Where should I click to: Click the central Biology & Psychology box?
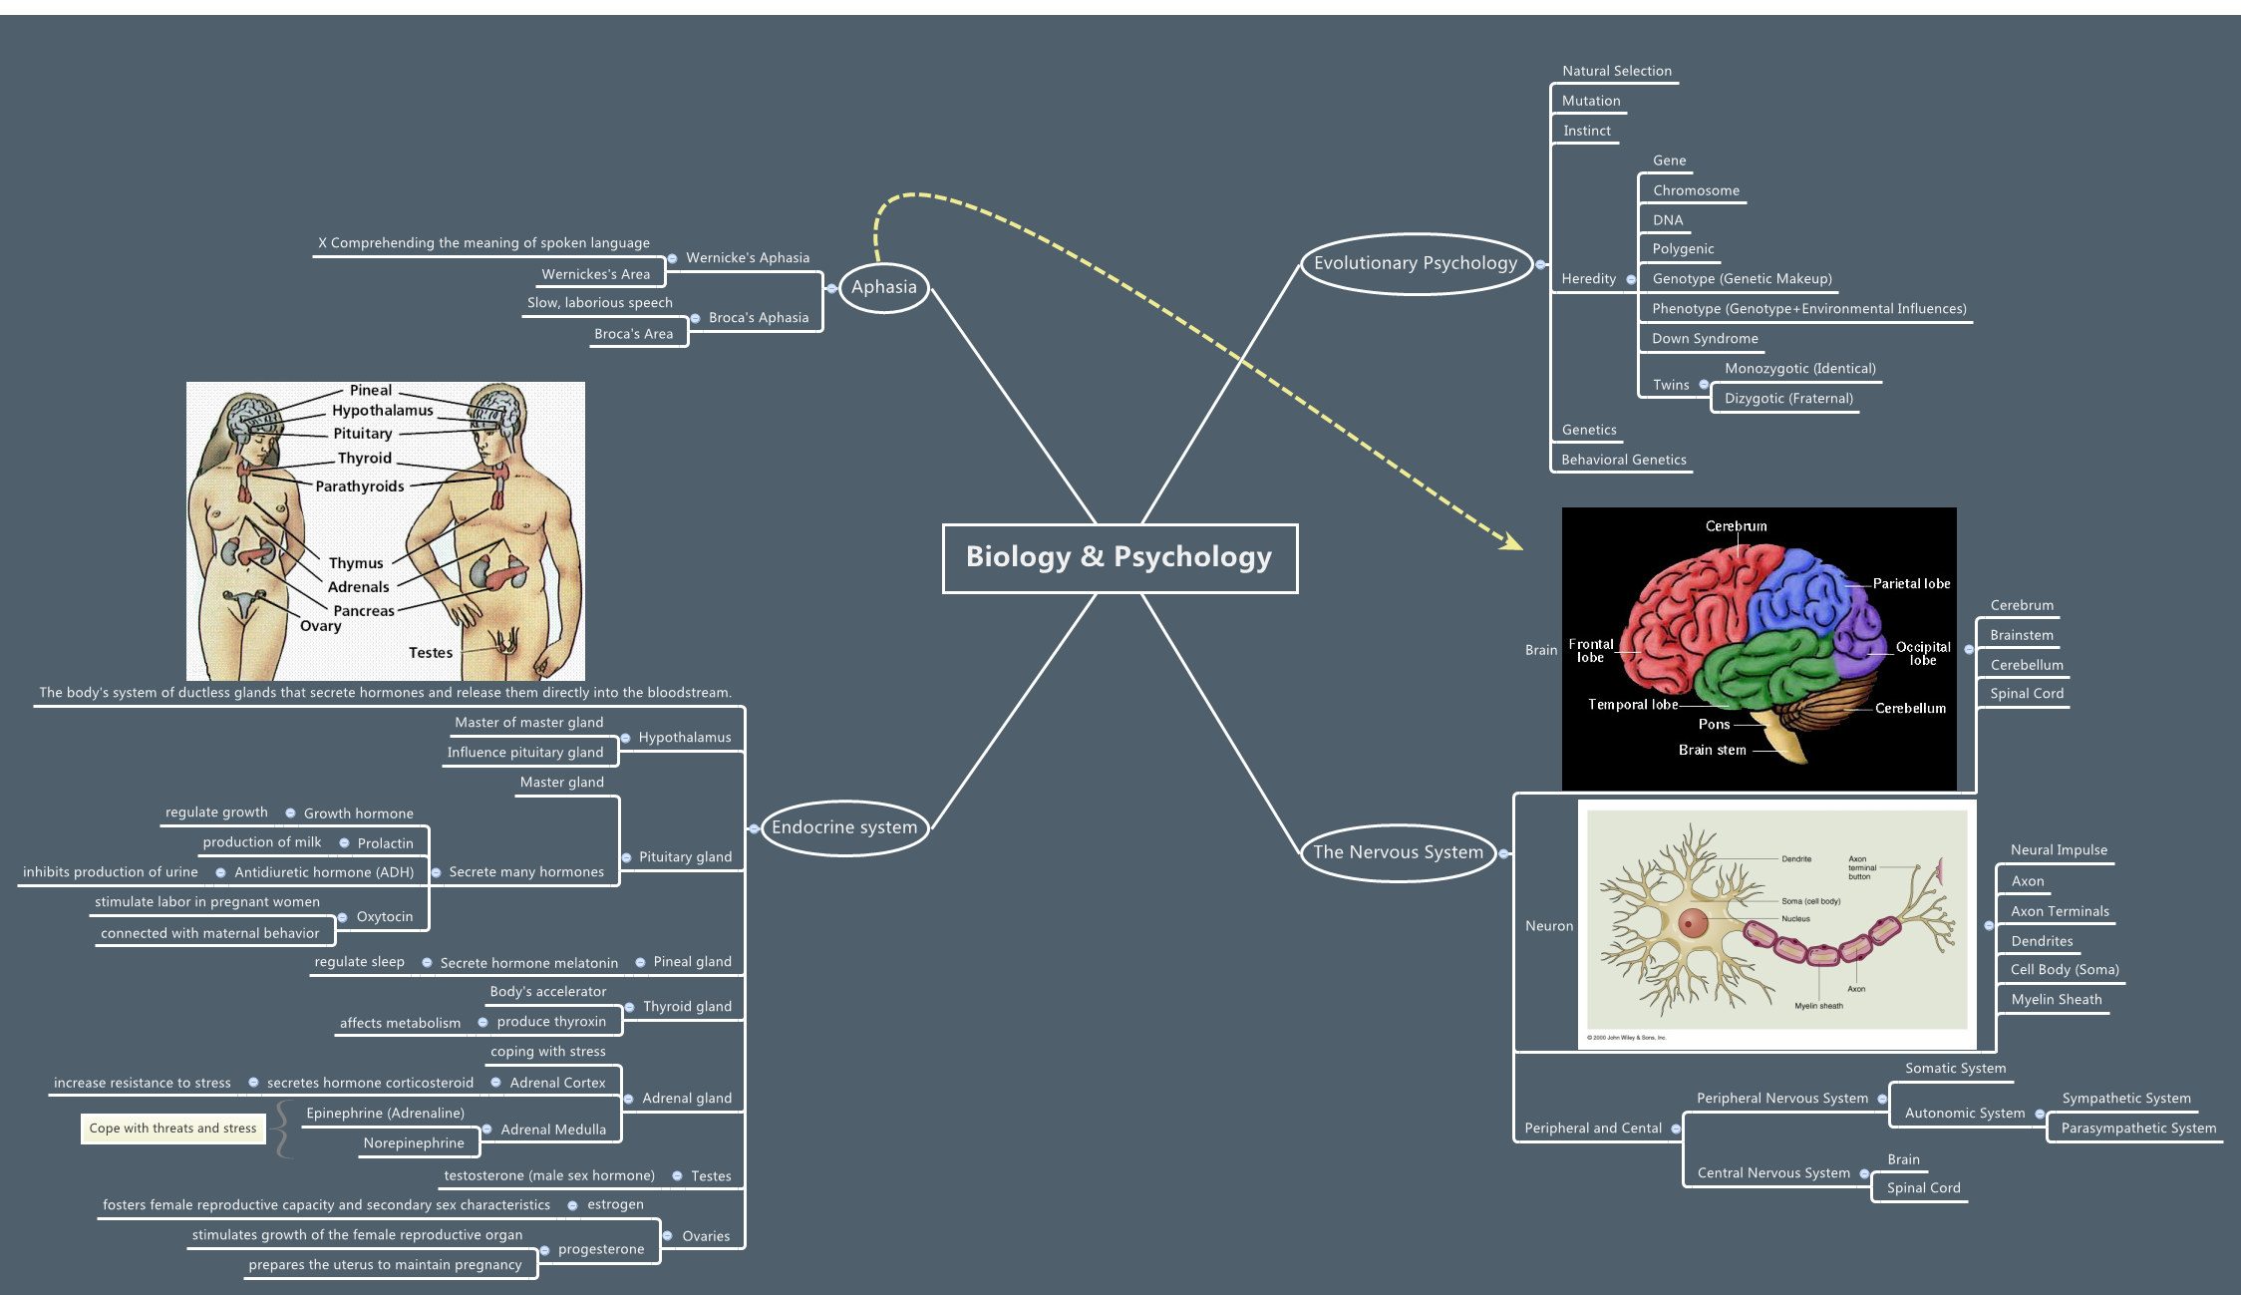click(1120, 557)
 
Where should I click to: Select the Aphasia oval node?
click(883, 287)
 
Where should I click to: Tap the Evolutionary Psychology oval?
click(1415, 263)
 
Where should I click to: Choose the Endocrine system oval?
click(843, 827)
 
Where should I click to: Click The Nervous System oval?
click(1398, 852)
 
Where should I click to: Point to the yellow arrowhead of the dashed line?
click(1513, 541)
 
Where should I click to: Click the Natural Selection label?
click(1616, 71)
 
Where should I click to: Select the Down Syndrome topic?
click(1704, 339)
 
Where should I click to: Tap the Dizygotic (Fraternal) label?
click(1788, 399)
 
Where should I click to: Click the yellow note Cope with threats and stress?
click(172, 1129)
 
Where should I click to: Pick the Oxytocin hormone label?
click(384, 917)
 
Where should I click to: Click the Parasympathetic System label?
click(2138, 1129)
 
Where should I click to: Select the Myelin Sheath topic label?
click(2056, 1000)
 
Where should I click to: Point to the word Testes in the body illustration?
click(430, 653)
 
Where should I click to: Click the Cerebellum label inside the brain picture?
click(1910, 709)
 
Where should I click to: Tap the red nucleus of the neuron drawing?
click(1692, 923)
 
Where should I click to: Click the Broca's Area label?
click(633, 334)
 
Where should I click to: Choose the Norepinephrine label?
click(413, 1143)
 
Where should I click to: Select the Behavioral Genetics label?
click(1623, 460)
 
